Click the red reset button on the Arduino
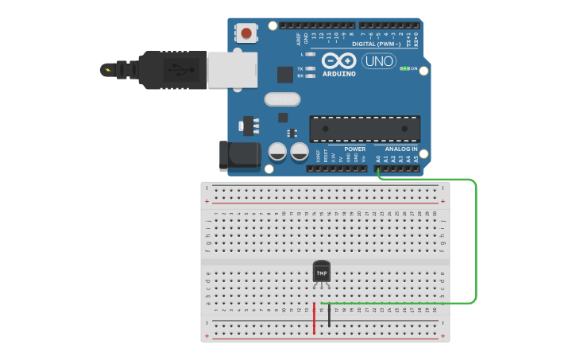(246, 33)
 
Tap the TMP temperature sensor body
(321, 272)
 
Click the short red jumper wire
(314, 316)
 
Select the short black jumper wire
(330, 315)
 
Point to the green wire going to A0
(475, 238)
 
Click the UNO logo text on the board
(379, 61)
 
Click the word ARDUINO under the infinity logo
(339, 72)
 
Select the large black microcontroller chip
(365, 129)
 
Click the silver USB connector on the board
(232, 69)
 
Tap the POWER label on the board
(354, 149)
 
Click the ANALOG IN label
(401, 149)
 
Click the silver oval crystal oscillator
(283, 99)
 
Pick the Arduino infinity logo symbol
(339, 60)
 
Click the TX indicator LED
(310, 69)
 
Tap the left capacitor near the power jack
(277, 151)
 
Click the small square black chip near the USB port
(285, 75)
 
